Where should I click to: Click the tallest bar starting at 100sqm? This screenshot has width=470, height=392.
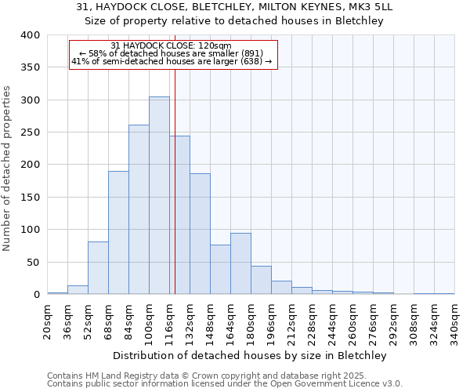pos(159,196)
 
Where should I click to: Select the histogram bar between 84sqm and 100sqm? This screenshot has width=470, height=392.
pos(139,210)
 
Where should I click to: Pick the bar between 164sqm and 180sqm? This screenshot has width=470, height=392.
pos(240,263)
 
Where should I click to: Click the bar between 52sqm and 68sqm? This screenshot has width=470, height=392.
pos(98,268)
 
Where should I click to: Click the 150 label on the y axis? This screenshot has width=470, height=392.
pos(29,198)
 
